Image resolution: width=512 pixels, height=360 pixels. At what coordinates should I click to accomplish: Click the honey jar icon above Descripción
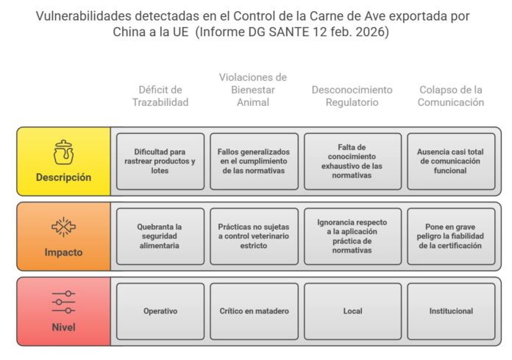(63, 152)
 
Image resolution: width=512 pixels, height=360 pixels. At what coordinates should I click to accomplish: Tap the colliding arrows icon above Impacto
(63, 227)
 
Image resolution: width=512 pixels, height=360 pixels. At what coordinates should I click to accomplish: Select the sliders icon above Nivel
(63, 302)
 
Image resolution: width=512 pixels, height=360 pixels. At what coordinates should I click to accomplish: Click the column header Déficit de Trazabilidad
(160, 96)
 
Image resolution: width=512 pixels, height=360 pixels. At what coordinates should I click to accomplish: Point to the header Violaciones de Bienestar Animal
(253, 90)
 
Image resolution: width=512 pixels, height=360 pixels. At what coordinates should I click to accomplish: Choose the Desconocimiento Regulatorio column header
(352, 96)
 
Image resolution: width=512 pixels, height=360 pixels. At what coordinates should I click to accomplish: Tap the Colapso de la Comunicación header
(451, 96)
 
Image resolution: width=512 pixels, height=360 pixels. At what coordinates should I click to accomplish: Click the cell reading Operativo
(160, 311)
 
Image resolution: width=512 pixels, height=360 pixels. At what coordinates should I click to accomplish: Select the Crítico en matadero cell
(254, 311)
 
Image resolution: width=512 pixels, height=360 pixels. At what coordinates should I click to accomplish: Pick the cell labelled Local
(352, 311)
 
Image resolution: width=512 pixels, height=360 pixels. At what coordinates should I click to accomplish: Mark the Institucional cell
(451, 311)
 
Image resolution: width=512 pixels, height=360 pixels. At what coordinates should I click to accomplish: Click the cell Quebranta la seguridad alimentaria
(160, 236)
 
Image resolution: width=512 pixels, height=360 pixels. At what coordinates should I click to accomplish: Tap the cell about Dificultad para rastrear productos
(160, 161)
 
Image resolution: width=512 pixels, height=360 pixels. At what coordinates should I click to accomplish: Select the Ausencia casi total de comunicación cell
(451, 161)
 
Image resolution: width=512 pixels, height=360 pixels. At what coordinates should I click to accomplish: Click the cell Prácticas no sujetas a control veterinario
(254, 236)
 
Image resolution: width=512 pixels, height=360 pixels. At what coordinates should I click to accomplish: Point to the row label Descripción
(63, 177)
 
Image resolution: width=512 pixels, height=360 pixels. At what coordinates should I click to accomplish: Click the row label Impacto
(63, 253)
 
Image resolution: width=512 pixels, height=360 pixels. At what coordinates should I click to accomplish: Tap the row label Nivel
(63, 327)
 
